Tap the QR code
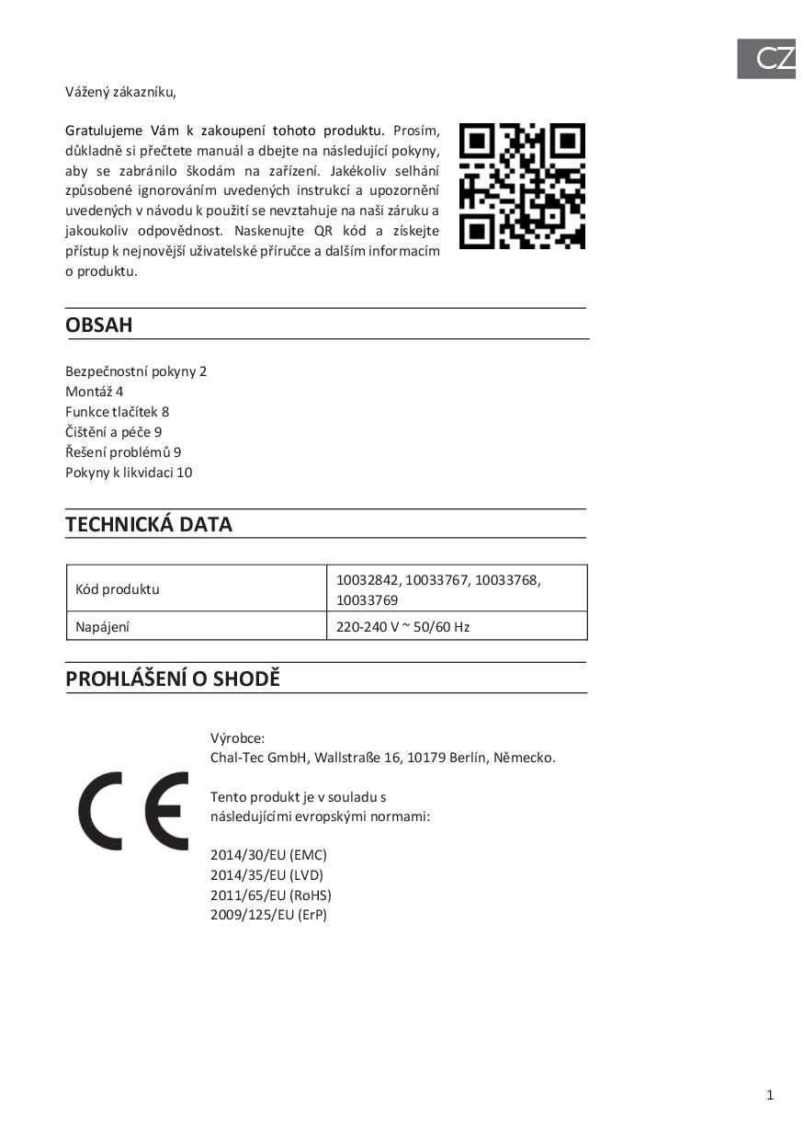pos(522,186)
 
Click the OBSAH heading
pos(99,325)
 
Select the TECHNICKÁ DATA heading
pos(149,525)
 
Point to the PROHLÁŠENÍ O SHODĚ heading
pos(173,679)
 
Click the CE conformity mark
pos(133,811)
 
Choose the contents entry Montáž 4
pos(95,392)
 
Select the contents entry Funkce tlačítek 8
pos(118,412)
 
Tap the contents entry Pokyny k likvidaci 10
pos(129,473)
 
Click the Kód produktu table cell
pos(112,589)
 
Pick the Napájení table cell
pos(97,627)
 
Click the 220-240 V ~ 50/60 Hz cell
pos(403,627)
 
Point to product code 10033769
pos(368,600)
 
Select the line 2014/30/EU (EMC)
pos(268,855)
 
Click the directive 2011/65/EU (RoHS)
pos(271,896)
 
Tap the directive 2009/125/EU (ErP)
pos(268,915)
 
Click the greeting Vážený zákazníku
pos(120,91)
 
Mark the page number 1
pos(770,1094)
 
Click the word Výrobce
pos(237,738)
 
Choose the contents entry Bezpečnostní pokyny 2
pos(136,371)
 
